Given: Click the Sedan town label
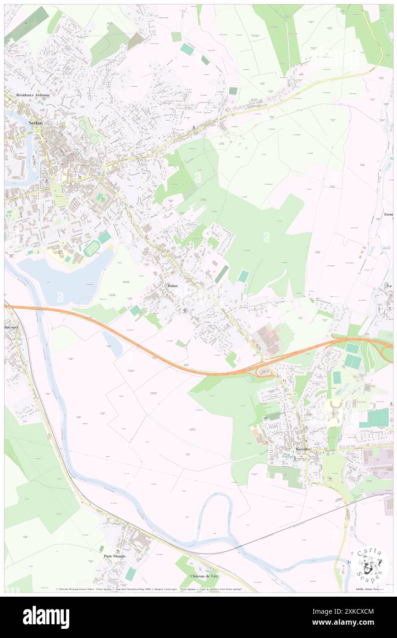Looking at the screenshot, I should [x=36, y=123].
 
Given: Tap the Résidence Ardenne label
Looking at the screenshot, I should [x=33, y=95].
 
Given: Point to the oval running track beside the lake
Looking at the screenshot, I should [x=93, y=248].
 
